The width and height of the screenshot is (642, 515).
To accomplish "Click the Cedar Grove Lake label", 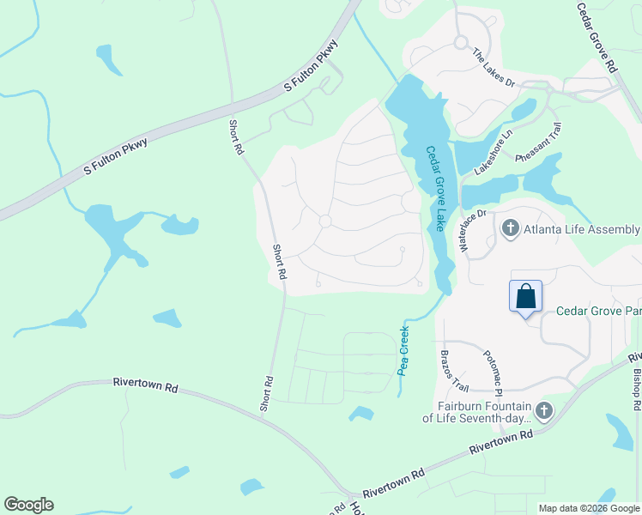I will click(436, 187).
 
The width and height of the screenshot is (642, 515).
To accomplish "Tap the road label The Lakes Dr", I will click(494, 69).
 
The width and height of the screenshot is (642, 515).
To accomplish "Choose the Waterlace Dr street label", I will click(472, 231).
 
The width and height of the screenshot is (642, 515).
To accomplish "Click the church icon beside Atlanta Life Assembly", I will click(511, 228).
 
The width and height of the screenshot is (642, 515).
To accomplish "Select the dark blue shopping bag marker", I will click(526, 298).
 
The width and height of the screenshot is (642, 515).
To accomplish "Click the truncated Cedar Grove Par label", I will click(598, 311).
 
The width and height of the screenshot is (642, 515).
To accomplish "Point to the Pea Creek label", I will click(403, 348).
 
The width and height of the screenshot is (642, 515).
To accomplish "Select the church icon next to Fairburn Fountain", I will click(545, 411).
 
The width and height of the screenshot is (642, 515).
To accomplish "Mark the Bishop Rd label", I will click(636, 388).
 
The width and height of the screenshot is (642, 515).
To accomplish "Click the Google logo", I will click(28, 505).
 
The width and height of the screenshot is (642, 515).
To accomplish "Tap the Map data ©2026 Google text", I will click(589, 508).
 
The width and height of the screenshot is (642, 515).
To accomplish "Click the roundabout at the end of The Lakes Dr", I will click(461, 41).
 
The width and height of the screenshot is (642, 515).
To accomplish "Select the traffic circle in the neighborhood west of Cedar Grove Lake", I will click(325, 221).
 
